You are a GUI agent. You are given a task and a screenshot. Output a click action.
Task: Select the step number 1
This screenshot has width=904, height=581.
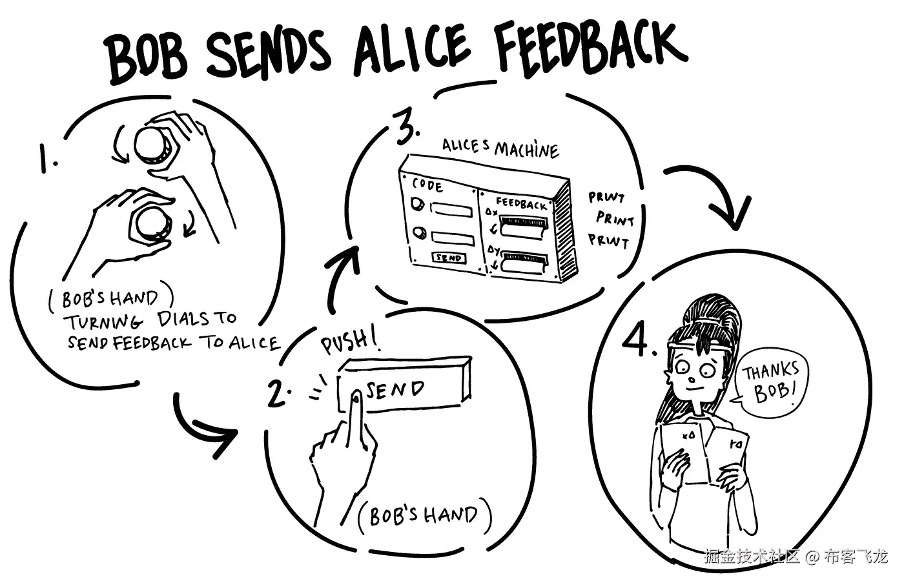click(46, 158)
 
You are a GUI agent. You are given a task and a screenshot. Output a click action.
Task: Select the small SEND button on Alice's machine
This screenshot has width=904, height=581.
click(448, 258)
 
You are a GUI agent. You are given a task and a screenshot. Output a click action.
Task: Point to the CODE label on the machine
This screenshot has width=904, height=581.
click(427, 185)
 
